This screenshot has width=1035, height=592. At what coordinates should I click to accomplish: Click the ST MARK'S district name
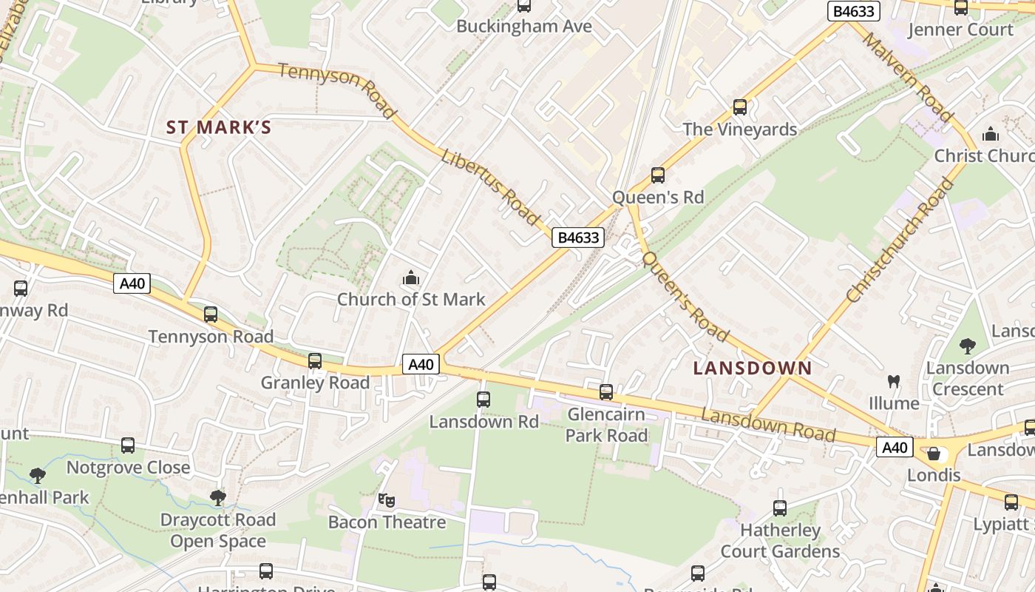point(219,127)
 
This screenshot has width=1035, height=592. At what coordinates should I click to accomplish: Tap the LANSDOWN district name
point(753,368)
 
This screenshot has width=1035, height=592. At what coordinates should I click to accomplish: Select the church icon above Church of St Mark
point(411,279)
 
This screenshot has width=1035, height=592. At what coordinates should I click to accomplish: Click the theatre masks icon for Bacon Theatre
point(386,500)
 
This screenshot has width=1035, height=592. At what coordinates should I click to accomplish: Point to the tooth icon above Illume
point(894,382)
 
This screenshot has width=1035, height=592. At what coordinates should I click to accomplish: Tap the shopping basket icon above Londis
point(934,454)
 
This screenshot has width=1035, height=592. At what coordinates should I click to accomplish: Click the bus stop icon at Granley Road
point(315,361)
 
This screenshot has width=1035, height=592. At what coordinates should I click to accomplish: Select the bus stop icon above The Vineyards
point(740,107)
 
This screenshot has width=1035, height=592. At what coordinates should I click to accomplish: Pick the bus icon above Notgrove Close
point(128,445)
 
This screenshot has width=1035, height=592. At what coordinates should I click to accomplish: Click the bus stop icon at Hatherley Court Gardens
point(780,508)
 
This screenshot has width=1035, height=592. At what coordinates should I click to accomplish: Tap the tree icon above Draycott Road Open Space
point(217,497)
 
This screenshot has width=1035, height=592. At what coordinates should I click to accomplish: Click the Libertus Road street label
point(490,187)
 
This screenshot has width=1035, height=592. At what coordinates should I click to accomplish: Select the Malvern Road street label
point(907,76)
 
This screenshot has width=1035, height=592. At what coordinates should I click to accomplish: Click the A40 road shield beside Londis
point(895,447)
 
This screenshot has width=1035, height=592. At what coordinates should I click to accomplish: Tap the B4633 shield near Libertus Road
point(578,238)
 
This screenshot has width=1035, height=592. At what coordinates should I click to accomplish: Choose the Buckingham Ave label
point(524,27)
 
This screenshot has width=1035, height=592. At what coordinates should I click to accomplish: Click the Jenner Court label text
point(960,30)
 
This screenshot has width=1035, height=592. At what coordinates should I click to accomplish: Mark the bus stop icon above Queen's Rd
point(658,175)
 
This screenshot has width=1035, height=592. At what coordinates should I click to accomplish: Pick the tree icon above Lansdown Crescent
point(968,346)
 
